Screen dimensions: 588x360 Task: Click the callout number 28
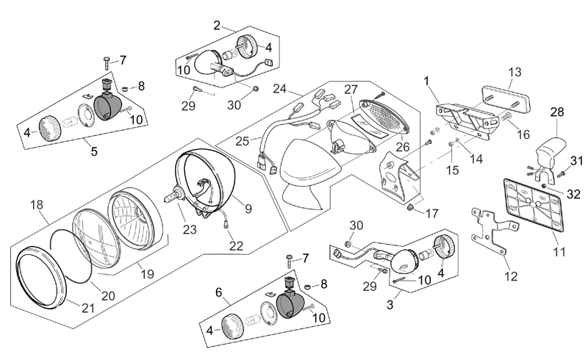click(557, 112)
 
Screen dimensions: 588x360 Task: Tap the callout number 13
click(515, 72)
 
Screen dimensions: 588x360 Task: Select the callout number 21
click(88, 308)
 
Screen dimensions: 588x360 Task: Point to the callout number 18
click(37, 205)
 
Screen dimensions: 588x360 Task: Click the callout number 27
click(351, 89)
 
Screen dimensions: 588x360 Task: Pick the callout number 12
click(511, 276)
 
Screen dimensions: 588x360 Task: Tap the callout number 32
click(573, 194)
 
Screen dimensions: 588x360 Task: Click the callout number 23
click(190, 229)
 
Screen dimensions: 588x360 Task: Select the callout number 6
click(218, 292)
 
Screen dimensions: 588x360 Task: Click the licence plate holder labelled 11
click(534, 204)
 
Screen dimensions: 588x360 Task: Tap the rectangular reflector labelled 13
click(506, 99)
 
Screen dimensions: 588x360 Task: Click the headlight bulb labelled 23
click(175, 195)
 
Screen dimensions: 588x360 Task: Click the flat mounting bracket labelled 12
click(492, 230)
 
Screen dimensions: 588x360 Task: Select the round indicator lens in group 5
click(50, 128)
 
